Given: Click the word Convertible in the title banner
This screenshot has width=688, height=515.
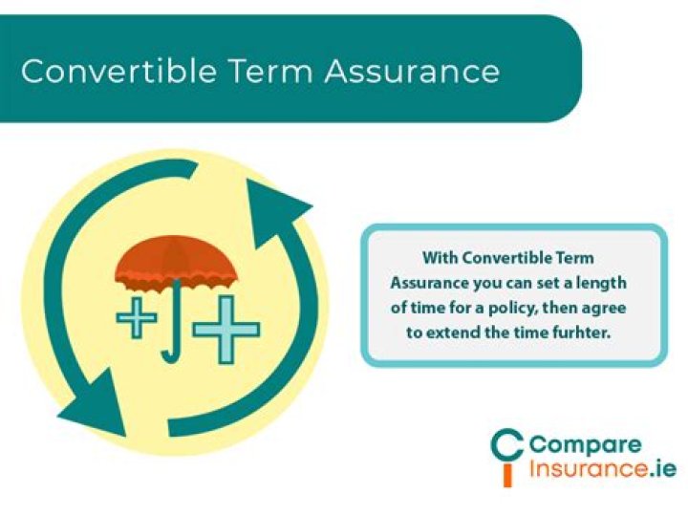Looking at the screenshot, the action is click(118, 71).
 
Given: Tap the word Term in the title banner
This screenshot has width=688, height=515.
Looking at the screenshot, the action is click(269, 71).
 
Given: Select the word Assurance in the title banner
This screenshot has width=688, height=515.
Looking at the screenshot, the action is click(412, 71).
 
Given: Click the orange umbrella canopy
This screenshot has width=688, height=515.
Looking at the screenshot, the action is click(177, 264).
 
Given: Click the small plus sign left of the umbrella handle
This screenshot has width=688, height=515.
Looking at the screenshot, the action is click(136, 317).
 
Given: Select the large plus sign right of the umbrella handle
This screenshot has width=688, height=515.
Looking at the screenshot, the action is click(226, 330).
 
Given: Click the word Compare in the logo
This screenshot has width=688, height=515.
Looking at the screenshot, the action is click(586, 446).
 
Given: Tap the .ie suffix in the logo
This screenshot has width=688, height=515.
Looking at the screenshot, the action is click(661, 468).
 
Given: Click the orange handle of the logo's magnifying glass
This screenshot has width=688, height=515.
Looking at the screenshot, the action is click(507, 477).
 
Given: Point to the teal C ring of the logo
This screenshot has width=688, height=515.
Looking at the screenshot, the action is click(494, 447).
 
